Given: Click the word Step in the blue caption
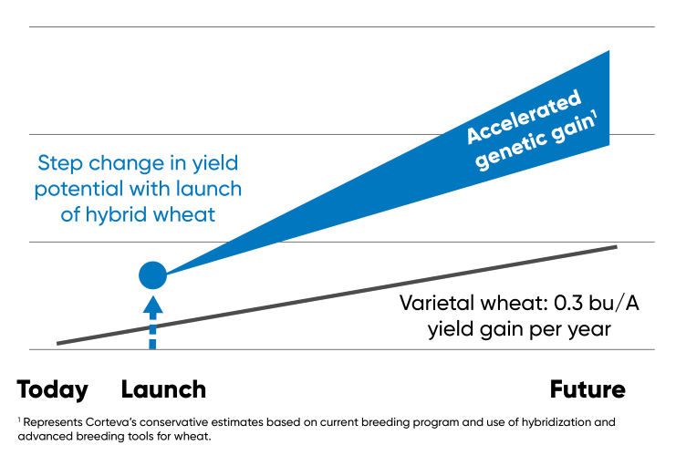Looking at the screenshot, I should coord(57,164).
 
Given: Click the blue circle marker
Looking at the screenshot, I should coord(152,274).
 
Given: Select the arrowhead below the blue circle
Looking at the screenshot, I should coord(152,304).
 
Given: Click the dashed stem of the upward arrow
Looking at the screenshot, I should coord(152,332).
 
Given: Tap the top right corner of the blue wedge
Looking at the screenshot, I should coord(608,52).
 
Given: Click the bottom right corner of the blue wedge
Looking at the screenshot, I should coord(608,144).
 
